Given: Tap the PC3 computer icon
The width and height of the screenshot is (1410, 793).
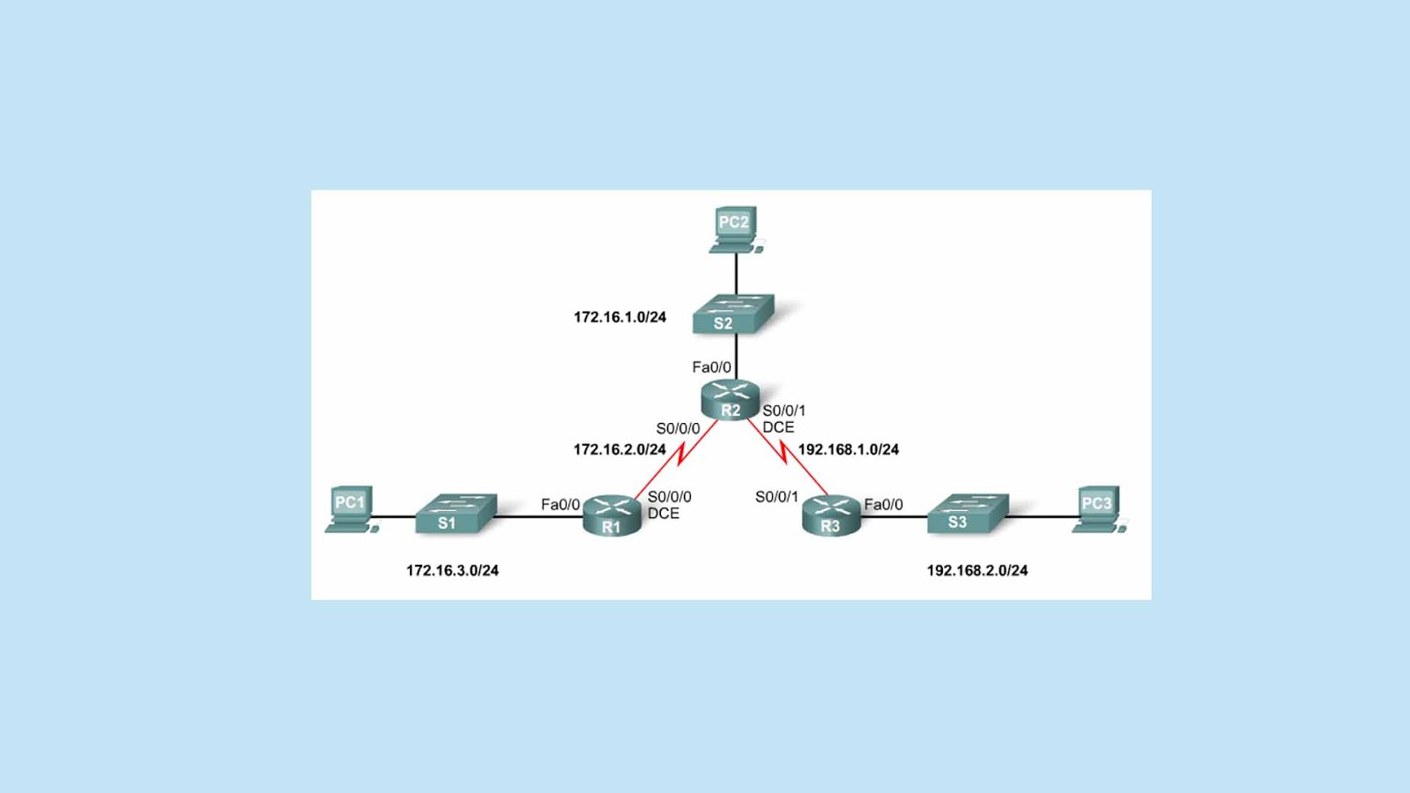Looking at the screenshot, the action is click(x=1099, y=509).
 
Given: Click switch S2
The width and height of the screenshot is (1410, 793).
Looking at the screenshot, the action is click(x=733, y=314).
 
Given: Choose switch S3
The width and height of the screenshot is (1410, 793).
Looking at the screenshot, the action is click(x=968, y=514).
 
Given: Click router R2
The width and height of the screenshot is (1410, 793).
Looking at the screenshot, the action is click(x=731, y=400).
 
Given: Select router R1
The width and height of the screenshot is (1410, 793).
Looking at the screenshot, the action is click(x=612, y=515).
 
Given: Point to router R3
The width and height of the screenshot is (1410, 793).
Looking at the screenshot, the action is click(x=831, y=515).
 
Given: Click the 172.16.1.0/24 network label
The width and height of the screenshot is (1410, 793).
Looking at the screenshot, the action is click(x=620, y=317).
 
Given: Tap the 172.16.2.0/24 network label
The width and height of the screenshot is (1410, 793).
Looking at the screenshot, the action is click(x=620, y=449).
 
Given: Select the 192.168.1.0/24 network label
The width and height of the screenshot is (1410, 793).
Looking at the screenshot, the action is click(x=849, y=449).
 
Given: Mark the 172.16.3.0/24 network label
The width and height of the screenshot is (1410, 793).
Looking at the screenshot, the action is click(x=453, y=570).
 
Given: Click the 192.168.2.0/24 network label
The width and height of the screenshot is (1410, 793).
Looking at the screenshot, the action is click(x=977, y=570).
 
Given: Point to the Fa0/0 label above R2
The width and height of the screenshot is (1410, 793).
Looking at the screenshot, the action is click(x=712, y=367).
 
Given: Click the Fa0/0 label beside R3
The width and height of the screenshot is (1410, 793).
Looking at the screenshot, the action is click(x=884, y=505).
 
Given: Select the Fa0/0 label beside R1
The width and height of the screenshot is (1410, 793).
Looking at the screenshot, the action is click(x=560, y=505).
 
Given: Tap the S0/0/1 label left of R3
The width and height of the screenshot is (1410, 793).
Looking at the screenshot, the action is click(x=776, y=497).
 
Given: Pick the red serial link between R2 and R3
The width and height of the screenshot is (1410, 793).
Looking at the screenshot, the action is click(x=787, y=456).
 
